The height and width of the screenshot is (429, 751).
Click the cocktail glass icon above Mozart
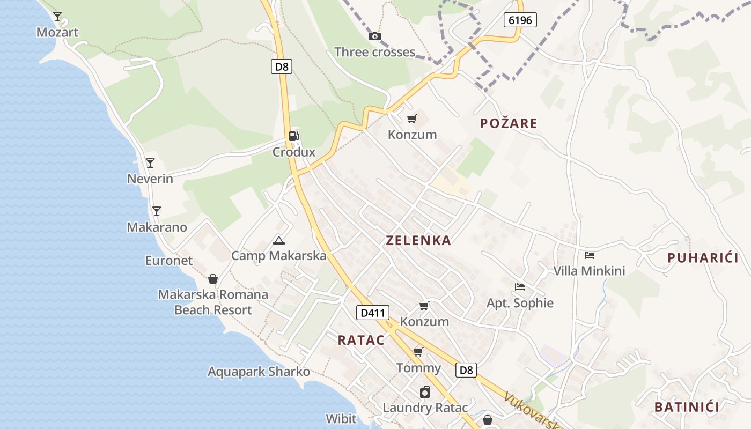click(57, 16)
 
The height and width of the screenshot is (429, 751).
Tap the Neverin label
click(150, 179)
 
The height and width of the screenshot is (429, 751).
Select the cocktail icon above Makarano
click(156, 211)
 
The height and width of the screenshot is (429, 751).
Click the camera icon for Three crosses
click(375, 36)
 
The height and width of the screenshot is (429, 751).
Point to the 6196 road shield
click(520, 20)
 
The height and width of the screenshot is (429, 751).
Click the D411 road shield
click(372, 313)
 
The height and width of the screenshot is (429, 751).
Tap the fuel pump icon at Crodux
click(294, 136)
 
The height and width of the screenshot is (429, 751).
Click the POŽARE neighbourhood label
click(509, 123)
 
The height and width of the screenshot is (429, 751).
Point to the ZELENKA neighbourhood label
click(418, 241)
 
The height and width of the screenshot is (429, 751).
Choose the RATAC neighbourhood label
click(361, 340)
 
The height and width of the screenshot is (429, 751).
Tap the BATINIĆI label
click(687, 407)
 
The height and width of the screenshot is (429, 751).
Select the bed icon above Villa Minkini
click(590, 255)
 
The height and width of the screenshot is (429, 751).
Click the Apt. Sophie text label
click(520, 303)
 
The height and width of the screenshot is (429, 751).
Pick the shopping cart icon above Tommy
click(418, 352)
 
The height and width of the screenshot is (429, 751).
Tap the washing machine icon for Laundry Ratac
click(425, 392)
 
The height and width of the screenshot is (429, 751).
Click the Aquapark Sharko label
click(259, 372)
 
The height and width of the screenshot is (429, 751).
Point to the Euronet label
click(169, 261)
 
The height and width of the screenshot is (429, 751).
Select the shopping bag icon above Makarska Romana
click(213, 279)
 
